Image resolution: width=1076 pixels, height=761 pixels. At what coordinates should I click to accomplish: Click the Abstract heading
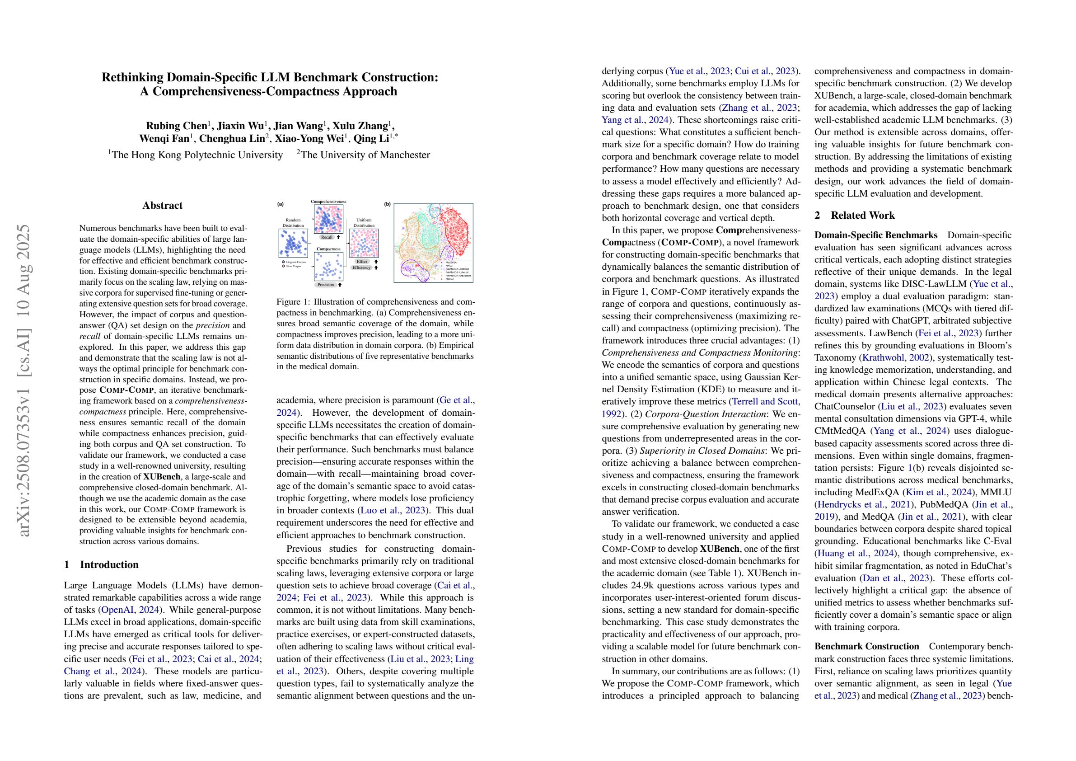point(162,205)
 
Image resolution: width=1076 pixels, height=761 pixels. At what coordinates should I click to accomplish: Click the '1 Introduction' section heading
point(101,564)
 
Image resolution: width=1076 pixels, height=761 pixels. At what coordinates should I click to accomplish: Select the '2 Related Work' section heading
point(854,215)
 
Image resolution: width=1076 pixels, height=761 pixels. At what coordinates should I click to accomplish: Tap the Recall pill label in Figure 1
point(327,237)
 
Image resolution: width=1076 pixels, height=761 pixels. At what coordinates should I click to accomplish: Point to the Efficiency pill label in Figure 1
point(362,268)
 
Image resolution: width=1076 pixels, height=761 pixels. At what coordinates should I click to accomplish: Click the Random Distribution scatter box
point(293,244)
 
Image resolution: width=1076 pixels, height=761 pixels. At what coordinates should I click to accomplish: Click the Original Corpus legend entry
point(296,262)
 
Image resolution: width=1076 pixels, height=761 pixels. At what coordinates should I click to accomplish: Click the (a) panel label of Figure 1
point(280,204)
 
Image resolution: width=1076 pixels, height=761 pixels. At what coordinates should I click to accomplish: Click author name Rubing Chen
point(177,126)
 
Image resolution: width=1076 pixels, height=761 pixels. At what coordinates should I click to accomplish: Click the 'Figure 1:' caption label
point(293,301)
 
